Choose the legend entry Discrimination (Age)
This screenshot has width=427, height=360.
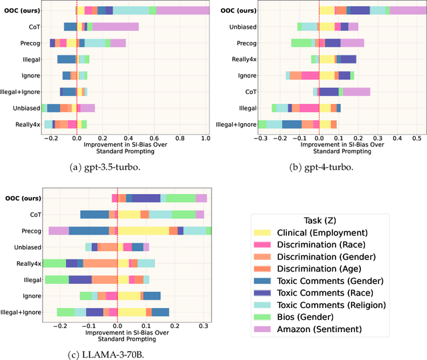pos(319,269)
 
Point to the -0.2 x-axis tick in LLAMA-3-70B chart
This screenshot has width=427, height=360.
pos(60,326)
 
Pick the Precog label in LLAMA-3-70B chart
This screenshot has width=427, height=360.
pos(31,230)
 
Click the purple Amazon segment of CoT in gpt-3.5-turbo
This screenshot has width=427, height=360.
pos(116,27)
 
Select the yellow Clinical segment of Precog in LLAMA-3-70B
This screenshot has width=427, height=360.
pos(143,230)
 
